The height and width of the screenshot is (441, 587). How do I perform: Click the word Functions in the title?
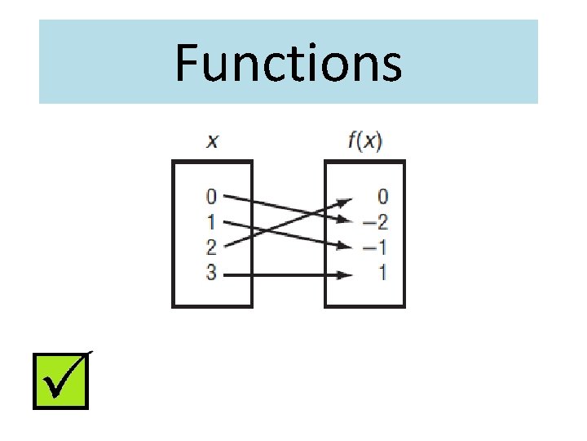(289, 64)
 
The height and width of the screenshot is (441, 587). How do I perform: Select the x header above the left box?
(212, 141)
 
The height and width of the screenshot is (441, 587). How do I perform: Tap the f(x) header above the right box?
(364, 141)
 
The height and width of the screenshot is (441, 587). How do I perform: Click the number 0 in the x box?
(211, 197)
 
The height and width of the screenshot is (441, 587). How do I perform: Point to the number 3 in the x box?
(211, 274)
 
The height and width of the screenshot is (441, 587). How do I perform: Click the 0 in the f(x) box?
(382, 197)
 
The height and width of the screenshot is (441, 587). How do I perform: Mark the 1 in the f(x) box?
(382, 274)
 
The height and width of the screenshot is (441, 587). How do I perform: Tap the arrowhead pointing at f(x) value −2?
(346, 219)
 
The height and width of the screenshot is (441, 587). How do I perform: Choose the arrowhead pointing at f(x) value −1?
(346, 245)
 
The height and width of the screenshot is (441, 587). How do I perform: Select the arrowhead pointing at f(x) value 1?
(346, 275)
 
